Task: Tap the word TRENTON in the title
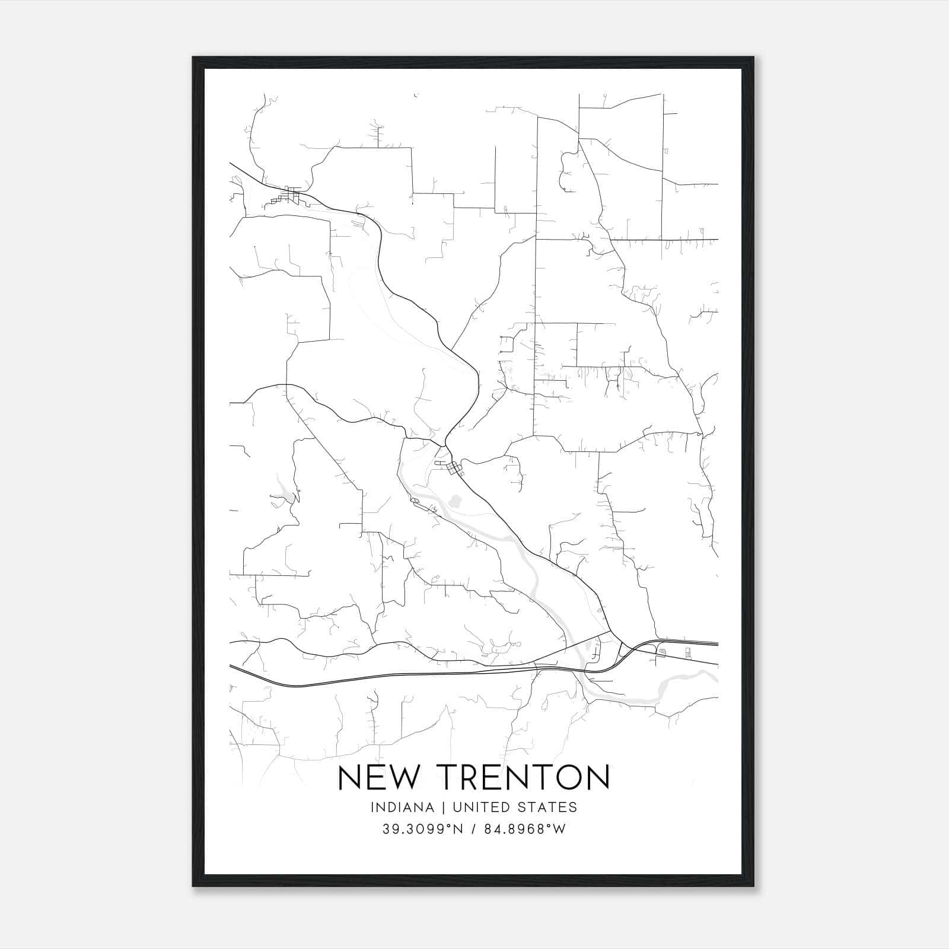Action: (x=523, y=778)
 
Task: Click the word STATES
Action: (x=552, y=807)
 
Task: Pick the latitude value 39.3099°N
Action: (x=421, y=829)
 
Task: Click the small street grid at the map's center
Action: (x=455, y=469)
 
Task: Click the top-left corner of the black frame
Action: (x=193, y=58)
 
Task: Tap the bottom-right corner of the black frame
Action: (x=753, y=886)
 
